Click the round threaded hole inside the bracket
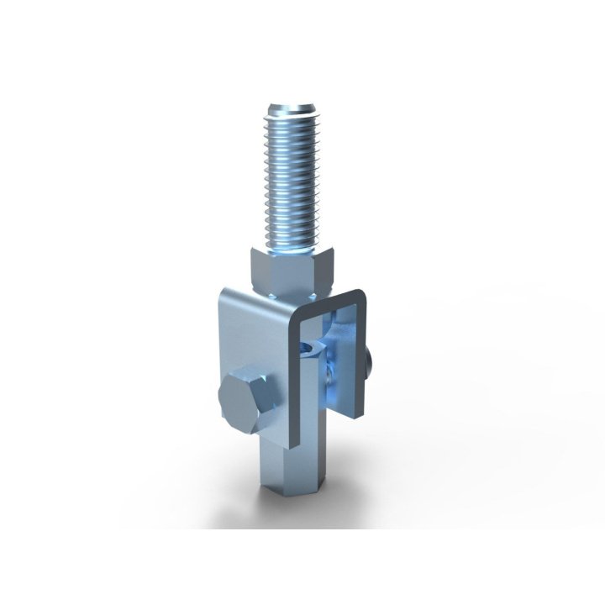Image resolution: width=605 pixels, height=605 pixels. pyautogui.click(x=313, y=346)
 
